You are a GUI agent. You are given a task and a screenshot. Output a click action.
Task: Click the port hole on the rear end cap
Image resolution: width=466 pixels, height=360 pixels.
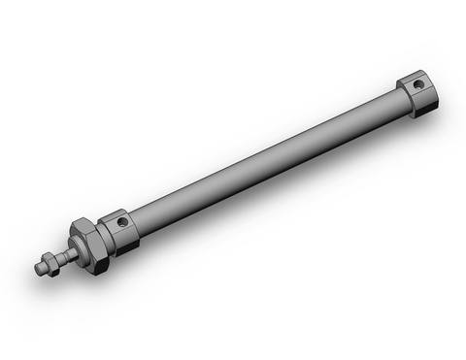click(x=418, y=85)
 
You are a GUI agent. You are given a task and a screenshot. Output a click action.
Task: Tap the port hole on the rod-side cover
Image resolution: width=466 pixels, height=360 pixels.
click(x=123, y=222)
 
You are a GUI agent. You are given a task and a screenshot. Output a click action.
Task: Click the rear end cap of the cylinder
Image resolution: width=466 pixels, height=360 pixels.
click(x=416, y=92)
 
